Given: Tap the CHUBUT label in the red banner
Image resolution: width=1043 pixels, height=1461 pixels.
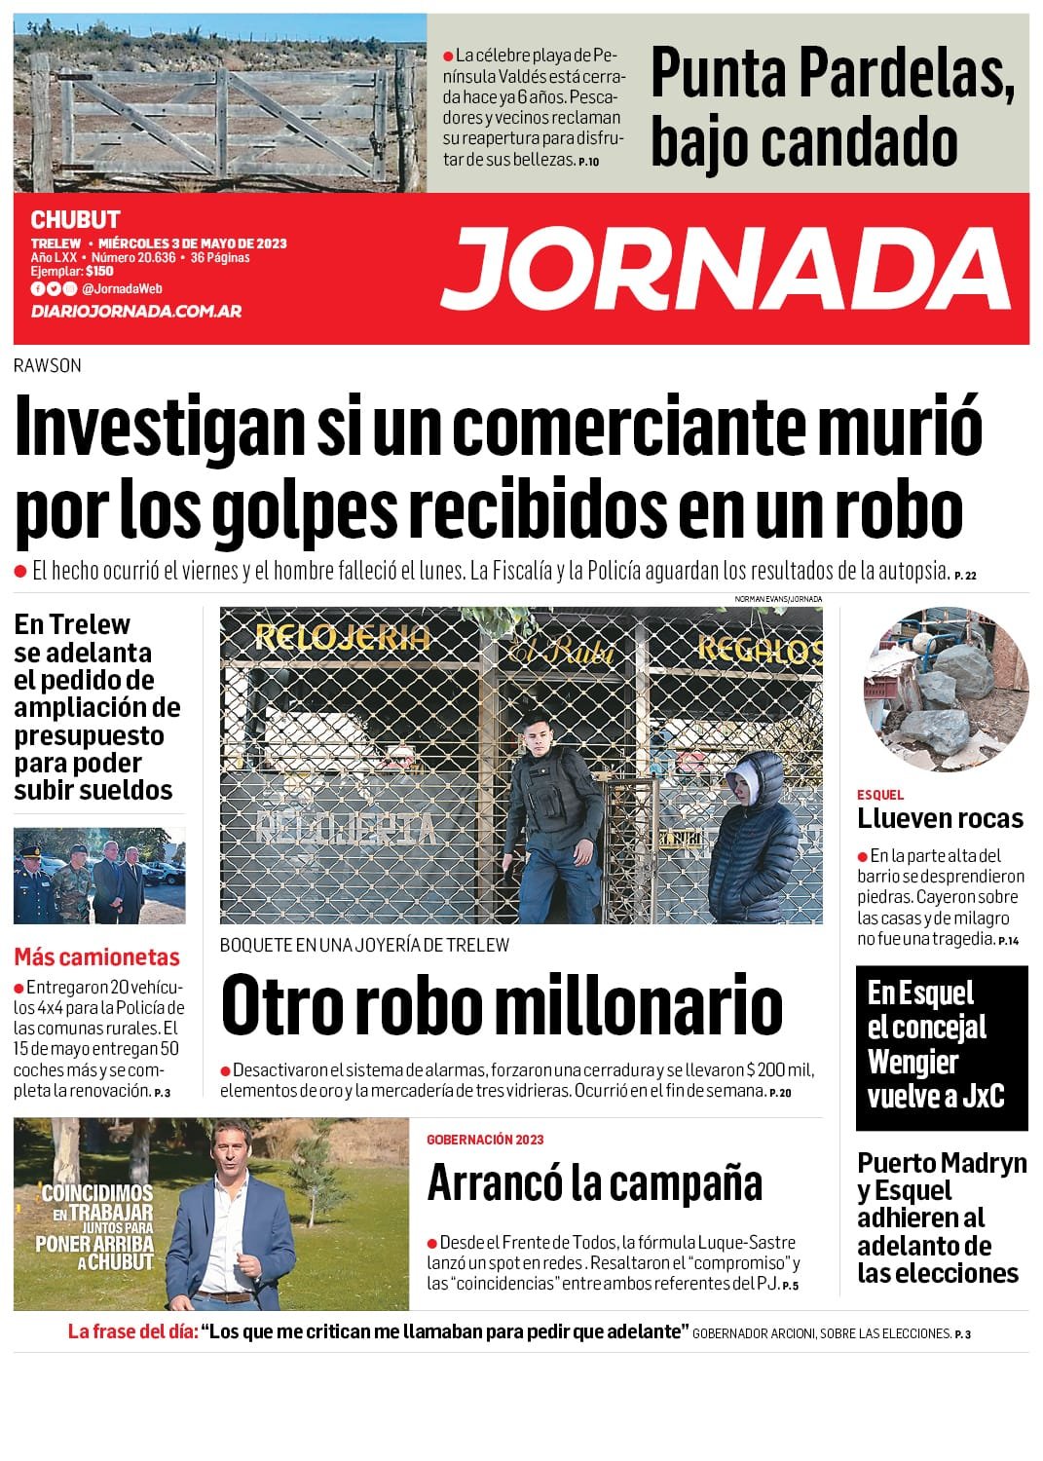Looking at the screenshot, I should click(75, 220).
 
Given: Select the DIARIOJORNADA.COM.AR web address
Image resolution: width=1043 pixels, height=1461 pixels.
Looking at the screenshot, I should click(135, 312).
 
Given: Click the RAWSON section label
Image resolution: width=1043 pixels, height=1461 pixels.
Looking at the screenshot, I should click(48, 366).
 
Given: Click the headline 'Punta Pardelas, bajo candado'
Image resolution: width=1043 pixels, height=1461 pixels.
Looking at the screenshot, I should click(833, 106).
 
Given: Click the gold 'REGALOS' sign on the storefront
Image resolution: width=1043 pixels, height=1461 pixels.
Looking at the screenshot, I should click(759, 650).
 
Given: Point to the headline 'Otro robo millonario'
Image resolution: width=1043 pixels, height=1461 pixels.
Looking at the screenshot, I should click(502, 1005).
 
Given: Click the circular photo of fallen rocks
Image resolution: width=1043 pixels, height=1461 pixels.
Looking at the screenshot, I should click(946, 690).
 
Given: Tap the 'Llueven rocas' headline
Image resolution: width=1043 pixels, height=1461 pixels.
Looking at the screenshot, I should click(940, 819).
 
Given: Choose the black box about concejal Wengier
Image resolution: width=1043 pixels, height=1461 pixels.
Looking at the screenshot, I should click(941, 1047).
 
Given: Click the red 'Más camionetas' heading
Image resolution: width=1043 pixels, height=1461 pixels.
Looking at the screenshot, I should click(96, 956).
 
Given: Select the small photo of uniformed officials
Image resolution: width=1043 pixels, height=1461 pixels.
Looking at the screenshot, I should click(99, 876).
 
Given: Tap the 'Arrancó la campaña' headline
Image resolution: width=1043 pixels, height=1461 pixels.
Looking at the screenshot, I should click(594, 1183).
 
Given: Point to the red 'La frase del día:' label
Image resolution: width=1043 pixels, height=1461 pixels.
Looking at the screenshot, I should click(132, 1331).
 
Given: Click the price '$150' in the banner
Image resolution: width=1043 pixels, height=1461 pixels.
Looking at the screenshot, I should click(99, 272).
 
